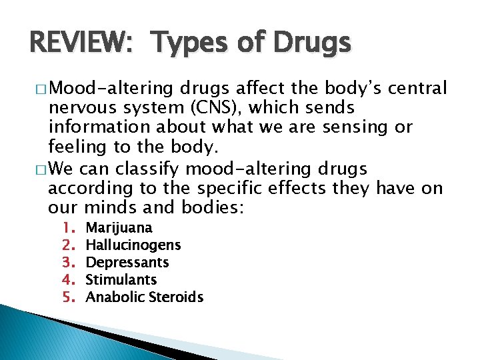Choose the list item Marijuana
[119, 228]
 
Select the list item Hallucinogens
[133, 245]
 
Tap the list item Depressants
[128, 263]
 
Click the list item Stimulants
[122, 280]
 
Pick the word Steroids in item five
[176, 297]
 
